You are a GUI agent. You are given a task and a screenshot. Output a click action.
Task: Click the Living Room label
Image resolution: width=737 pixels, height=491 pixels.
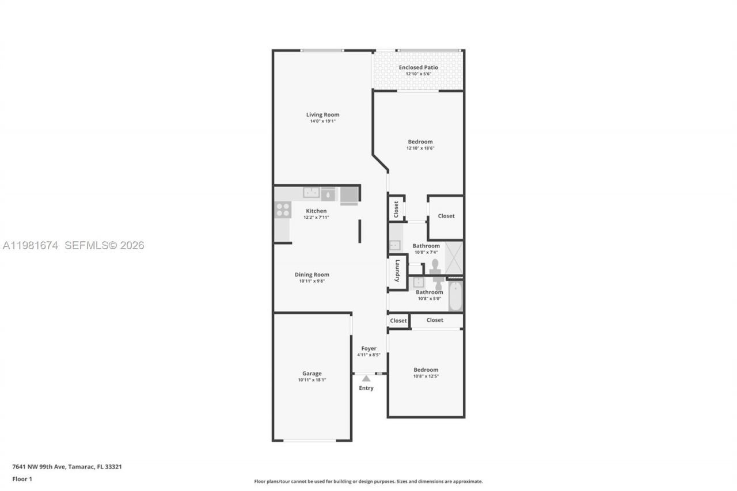pos(322,115)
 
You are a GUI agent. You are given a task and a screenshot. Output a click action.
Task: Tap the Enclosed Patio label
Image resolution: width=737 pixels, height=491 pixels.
pos(419,67)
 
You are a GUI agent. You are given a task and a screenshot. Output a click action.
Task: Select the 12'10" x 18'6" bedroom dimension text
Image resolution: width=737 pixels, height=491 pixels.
pos(420,148)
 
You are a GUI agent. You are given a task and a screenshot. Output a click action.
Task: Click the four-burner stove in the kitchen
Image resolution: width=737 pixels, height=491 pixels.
pos(283,210)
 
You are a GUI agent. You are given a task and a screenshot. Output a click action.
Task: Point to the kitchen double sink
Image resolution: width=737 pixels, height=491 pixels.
pos(311,193)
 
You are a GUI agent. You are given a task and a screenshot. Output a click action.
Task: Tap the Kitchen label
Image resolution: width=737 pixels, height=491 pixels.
pos(316,211)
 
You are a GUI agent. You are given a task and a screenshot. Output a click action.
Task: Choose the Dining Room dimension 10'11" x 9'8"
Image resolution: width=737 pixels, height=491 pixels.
pos(311,281)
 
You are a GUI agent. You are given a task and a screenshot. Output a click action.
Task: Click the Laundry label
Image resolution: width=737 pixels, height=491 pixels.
pos(397,272)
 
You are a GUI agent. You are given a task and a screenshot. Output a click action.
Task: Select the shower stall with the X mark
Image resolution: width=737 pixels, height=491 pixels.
pos(454,258)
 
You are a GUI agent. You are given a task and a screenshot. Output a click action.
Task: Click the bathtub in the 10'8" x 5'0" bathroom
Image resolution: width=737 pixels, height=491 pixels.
pos(455,295)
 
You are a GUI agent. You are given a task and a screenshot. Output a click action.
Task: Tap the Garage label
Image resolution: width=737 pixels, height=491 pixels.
pos(312,373)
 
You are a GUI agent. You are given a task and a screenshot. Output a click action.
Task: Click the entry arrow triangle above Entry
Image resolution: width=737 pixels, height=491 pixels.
pos(366,378)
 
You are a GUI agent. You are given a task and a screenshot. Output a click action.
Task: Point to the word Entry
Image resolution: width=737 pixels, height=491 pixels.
pos(366,388)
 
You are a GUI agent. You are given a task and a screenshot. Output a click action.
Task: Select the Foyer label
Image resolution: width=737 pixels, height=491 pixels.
pos(368,348)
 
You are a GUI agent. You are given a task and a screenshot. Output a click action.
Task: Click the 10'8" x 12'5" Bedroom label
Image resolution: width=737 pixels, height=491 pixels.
pos(426,370)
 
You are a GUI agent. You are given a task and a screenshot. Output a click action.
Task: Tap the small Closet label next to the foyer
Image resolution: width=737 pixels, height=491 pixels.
pos(398,321)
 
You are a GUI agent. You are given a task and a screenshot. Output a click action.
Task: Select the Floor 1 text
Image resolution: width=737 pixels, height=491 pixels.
pos(22,479)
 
